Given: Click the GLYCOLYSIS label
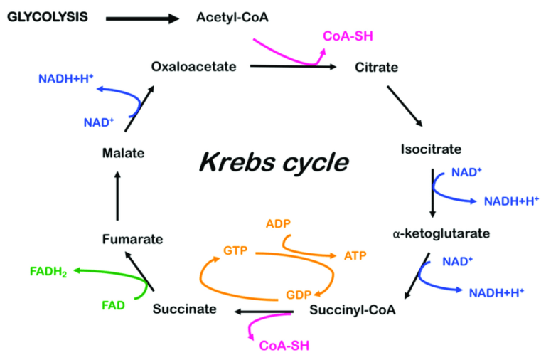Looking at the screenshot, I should (x=48, y=16).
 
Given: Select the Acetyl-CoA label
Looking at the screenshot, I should (x=232, y=16).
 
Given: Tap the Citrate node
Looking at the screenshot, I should (x=376, y=68).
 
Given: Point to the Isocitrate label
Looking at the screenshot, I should (x=432, y=149).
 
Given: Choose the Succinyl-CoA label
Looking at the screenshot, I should (x=353, y=310).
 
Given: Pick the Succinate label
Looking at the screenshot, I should (x=184, y=310).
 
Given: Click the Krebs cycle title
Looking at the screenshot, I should (x=273, y=163).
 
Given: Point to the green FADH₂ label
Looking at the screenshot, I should (x=49, y=271).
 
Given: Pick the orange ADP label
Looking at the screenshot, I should (x=279, y=224).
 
